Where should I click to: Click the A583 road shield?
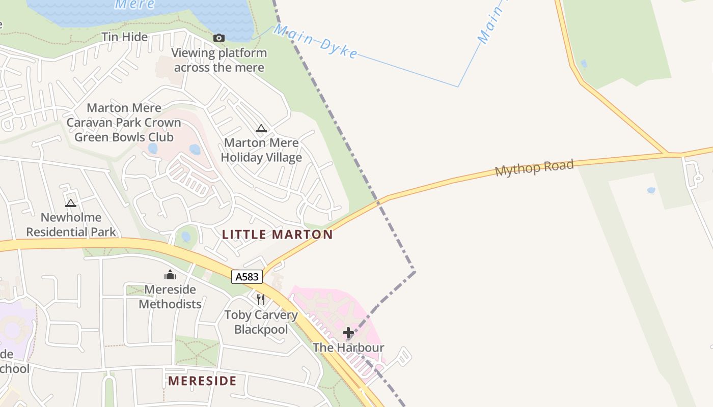247,277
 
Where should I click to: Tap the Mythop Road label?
534,167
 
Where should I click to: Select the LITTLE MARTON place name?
278,235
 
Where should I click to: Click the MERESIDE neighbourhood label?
202,381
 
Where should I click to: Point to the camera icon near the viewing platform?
218,38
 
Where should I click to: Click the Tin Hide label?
124,37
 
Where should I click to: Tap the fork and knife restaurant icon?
261,299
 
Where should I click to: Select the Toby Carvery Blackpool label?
261,322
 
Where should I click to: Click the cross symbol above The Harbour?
348,333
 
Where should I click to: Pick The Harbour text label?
348,348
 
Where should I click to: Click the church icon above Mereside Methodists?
170,275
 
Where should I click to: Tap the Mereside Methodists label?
170,297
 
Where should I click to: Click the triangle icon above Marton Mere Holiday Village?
261,129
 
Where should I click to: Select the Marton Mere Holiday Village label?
261,150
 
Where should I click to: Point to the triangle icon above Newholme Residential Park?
71,203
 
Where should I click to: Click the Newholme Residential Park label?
71,225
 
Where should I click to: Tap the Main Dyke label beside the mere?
316,41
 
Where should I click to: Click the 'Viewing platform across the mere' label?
219,60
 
